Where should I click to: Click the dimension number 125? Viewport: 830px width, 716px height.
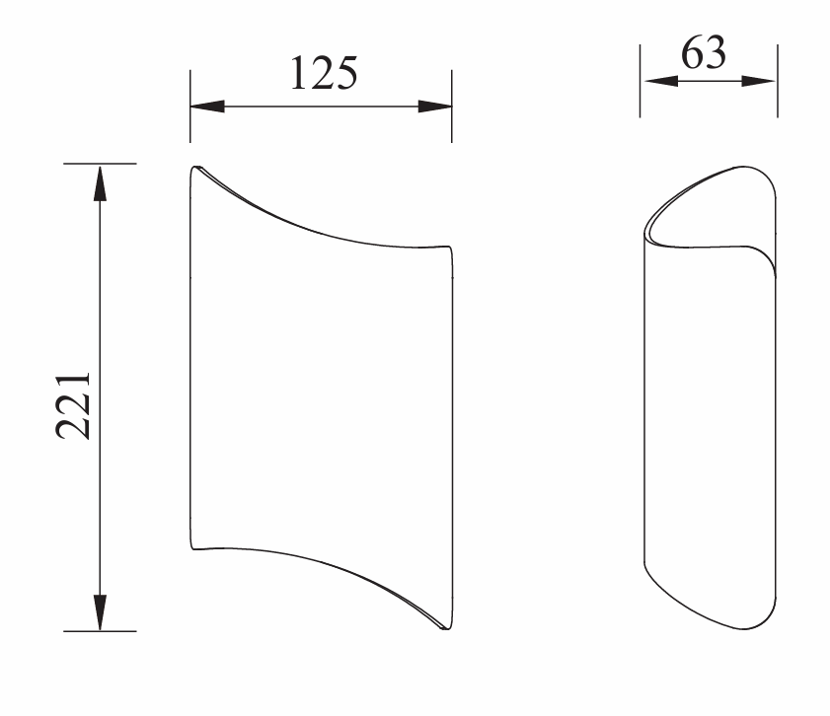point(324,72)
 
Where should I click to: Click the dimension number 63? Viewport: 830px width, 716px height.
point(704,53)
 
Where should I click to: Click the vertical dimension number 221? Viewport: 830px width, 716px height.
point(73,405)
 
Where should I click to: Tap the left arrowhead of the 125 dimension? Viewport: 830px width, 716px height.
point(207,107)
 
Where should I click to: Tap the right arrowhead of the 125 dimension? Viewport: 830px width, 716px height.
point(435,107)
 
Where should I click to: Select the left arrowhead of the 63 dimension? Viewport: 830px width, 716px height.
point(661,81)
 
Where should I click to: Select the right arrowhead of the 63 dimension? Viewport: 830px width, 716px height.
point(759,81)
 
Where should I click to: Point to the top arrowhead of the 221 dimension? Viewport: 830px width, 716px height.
point(100,183)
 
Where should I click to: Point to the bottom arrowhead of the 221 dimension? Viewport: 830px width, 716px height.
point(100,612)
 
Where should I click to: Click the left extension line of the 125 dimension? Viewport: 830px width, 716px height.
point(190,107)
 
